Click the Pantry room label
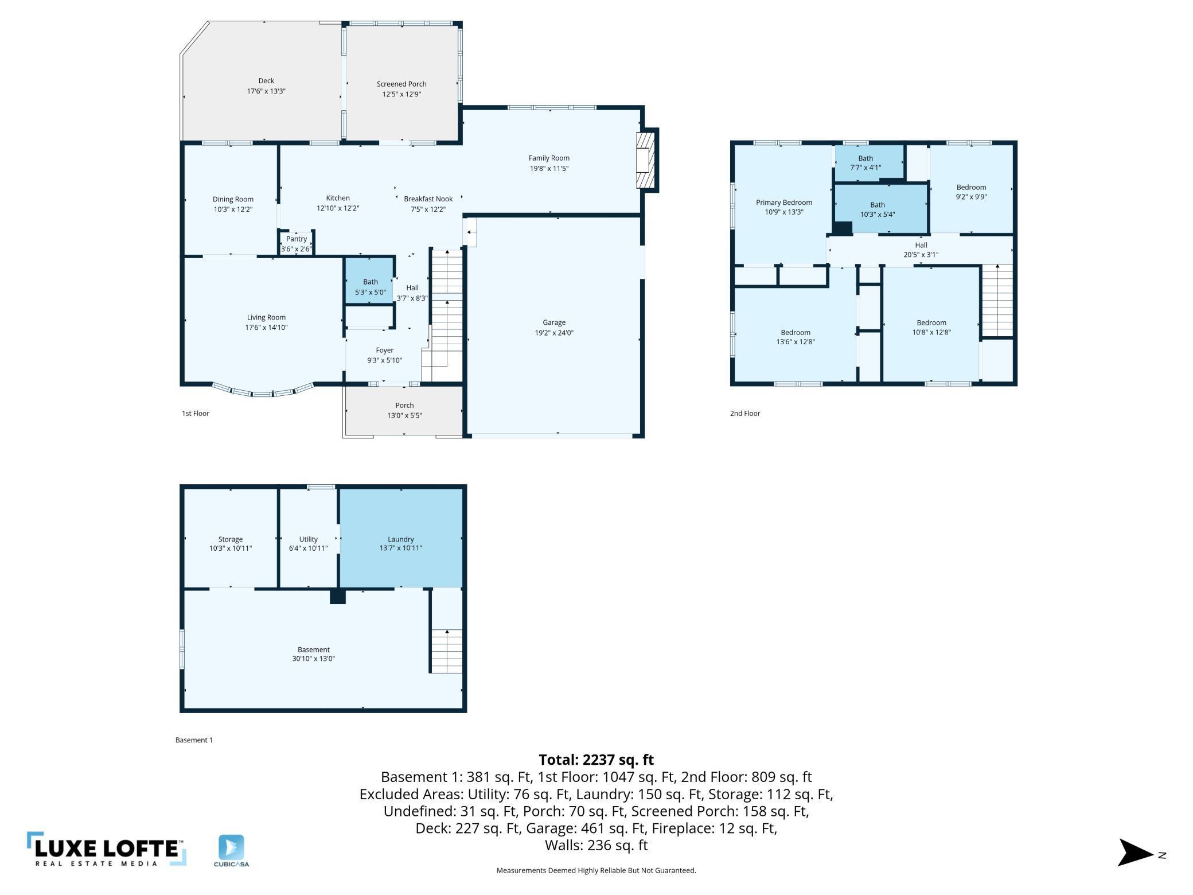coord(297,239)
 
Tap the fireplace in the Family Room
coord(646,160)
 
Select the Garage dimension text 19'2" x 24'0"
coord(554,333)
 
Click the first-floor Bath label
coord(371,282)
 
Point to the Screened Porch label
coord(401,84)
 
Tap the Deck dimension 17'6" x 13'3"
coord(266,91)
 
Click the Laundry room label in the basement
coord(401,539)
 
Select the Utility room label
coord(309,539)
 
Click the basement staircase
coord(447,651)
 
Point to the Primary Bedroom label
coord(784,203)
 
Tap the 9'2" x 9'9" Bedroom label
coord(972,187)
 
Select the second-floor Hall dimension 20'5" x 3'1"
coord(921,255)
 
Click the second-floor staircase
coord(998,300)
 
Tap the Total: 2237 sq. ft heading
coord(596,760)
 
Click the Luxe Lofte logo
coord(107,849)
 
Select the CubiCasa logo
coord(231,851)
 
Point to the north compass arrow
coord(1136,853)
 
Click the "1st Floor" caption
coord(196,413)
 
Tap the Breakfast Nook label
coord(428,199)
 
